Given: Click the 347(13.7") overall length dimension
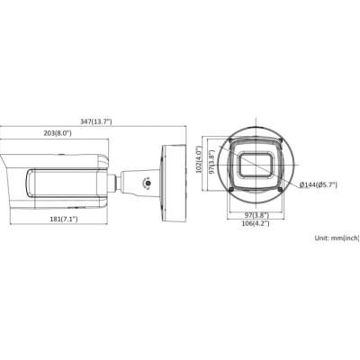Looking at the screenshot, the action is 96,121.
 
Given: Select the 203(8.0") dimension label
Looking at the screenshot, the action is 58,133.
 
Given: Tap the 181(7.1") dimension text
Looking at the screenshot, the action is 64,219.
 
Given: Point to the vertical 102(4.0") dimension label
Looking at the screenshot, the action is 198,161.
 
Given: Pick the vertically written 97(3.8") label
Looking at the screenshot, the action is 211,162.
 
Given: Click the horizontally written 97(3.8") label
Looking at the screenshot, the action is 256,215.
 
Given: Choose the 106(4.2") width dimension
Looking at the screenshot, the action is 256,223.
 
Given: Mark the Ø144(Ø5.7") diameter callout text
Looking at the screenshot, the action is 319,185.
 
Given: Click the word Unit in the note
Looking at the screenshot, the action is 321,238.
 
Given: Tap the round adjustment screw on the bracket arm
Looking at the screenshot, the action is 148,183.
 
